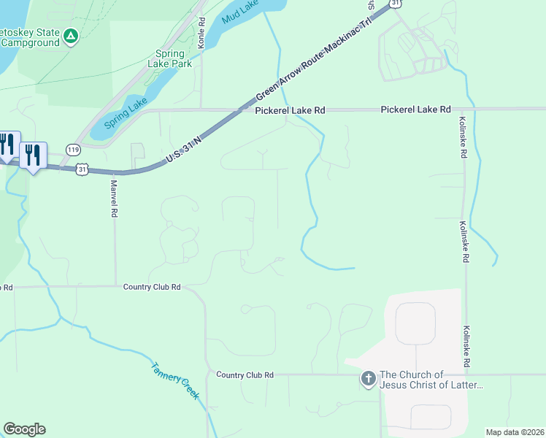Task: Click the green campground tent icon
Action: [x=70, y=36]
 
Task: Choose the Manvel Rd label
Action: [x=114, y=200]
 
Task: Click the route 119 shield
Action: [x=72, y=149]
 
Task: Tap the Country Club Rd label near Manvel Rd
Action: [x=152, y=287]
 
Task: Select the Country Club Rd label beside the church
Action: [x=245, y=374]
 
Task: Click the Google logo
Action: [x=24, y=429]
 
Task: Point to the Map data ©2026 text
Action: [x=515, y=432]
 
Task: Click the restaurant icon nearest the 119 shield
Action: [x=33, y=155]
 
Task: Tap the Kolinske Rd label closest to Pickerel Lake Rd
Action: [x=462, y=138]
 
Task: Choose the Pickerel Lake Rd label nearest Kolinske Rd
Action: [x=415, y=109]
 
